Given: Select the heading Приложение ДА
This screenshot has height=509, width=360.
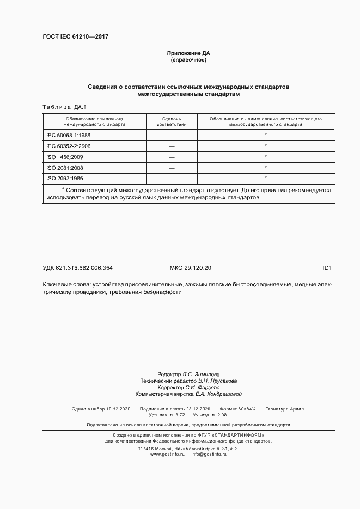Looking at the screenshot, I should (x=188, y=53).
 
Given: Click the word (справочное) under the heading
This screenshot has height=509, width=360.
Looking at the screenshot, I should (x=188, y=60).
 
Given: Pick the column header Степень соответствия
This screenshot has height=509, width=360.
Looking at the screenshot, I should (x=172, y=121).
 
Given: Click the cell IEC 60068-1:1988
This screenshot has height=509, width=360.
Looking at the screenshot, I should (x=69, y=134).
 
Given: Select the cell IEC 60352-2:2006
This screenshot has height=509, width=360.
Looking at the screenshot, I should (x=69, y=146).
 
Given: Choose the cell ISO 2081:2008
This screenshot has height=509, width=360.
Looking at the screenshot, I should (x=65, y=168).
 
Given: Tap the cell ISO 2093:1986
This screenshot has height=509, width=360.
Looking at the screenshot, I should (x=65, y=179).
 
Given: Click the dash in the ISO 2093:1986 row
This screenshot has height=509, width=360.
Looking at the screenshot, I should (x=172, y=179).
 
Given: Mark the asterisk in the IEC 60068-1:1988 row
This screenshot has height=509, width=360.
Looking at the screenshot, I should (x=265, y=134).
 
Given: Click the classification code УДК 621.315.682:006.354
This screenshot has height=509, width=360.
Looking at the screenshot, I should (x=77, y=268).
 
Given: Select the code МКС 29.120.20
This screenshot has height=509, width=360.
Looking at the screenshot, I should (x=191, y=268).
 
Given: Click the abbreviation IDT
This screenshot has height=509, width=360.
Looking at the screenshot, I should (x=327, y=268).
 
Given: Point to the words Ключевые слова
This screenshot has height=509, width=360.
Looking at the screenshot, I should (x=66, y=284).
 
